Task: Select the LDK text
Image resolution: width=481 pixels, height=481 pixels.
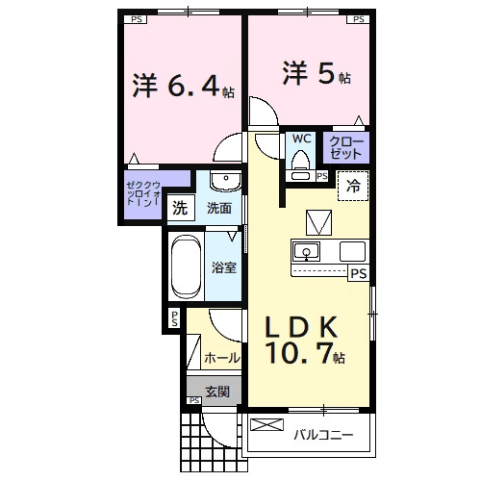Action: coord(302,326)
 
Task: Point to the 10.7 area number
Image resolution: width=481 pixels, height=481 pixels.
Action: coord(300,356)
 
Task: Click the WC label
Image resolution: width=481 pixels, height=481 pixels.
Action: coord(300,139)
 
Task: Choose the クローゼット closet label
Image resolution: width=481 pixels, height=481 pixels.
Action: coord(347,147)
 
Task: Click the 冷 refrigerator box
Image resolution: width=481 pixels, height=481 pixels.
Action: coord(352,186)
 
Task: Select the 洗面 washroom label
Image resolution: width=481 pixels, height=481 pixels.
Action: coord(219,208)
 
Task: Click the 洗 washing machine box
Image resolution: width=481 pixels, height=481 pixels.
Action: coord(180,207)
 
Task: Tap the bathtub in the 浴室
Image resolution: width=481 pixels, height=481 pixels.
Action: coord(184,266)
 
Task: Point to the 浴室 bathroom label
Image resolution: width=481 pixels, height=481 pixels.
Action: coord(224,267)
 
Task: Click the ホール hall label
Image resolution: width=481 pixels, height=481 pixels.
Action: coord(222,358)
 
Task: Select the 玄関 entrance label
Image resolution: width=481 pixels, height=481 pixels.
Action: coord(216,392)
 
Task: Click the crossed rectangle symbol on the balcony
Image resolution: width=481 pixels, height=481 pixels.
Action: coord(263,425)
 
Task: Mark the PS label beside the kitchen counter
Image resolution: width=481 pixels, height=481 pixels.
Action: coord(358,274)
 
